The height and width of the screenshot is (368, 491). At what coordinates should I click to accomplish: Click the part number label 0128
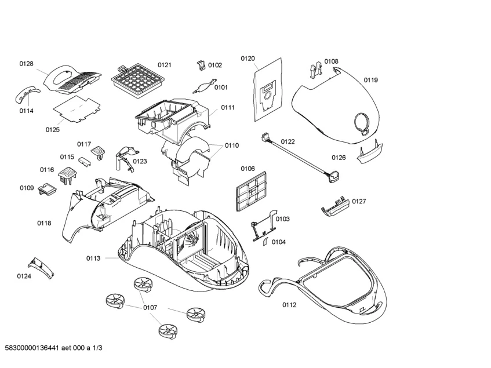tap(26, 64)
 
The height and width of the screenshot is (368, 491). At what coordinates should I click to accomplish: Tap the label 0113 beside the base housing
tap(94, 258)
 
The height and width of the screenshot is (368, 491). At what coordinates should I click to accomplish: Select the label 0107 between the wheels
tap(150, 307)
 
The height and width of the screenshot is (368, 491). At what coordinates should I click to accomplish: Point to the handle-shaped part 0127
tap(334, 206)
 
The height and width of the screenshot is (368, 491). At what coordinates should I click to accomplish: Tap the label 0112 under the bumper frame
tap(289, 305)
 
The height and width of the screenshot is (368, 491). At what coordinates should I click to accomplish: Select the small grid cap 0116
tap(68, 172)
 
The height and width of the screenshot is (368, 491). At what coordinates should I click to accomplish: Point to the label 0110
tap(232, 145)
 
